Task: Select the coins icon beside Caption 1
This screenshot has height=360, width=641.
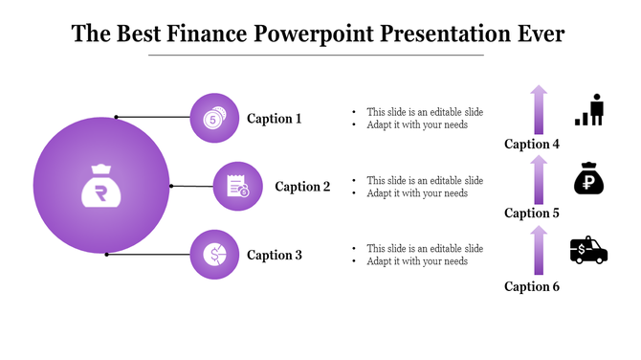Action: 214,119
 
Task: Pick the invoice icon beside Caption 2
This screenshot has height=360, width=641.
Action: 237,187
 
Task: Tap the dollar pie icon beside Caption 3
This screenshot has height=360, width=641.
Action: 214,255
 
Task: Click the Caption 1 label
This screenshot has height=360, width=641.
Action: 274,119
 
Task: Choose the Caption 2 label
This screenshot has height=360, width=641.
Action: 302,187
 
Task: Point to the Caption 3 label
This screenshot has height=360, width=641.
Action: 274,255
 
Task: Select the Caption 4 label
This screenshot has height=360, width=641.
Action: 532,145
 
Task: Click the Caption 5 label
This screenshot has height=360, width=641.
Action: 532,214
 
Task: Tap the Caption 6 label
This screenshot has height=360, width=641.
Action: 532,286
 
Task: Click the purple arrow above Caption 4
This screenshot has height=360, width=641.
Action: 540,110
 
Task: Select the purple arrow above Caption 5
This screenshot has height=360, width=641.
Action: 540,180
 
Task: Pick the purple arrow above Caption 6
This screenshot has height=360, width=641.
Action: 540,249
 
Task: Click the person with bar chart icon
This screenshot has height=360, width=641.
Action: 589,111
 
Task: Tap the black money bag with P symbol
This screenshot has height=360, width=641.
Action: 588,179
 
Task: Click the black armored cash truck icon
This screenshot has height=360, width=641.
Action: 588,250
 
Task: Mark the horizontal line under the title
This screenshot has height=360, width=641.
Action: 320,56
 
